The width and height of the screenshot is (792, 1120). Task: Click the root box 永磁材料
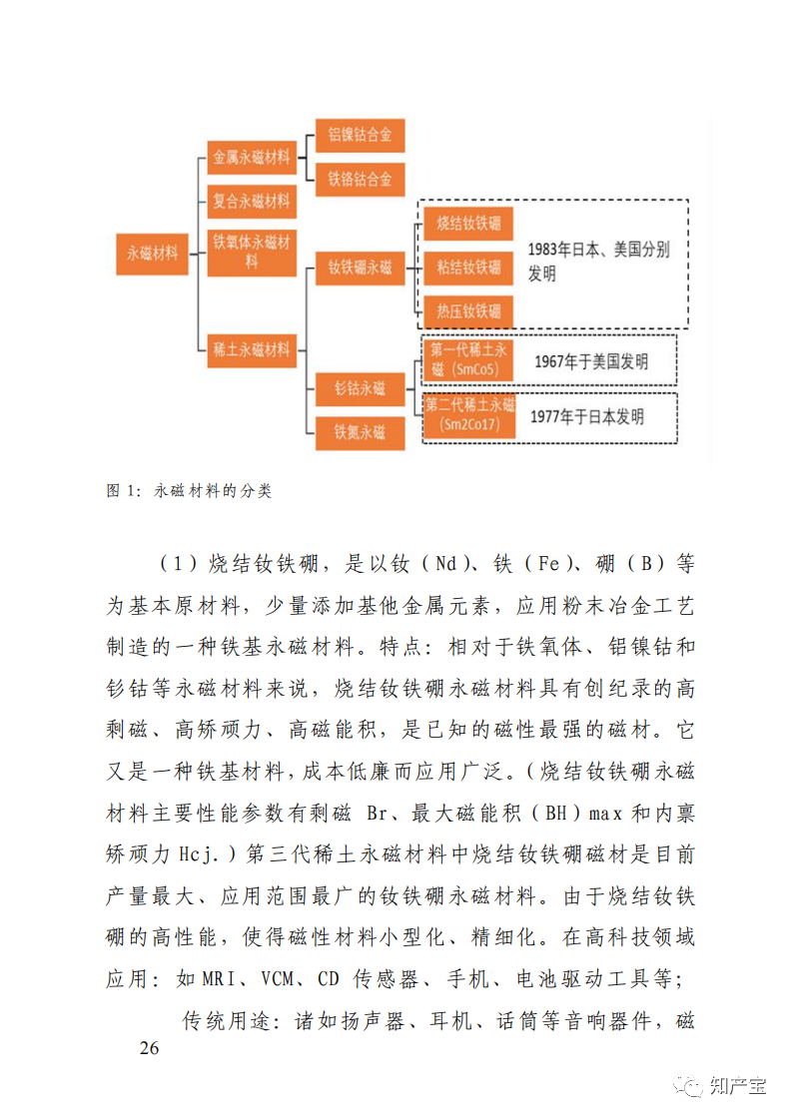click(152, 254)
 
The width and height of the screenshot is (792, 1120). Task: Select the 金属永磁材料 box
click(252, 158)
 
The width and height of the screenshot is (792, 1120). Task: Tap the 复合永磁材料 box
click(252, 201)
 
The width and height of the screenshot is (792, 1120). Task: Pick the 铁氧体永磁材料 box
click(252, 253)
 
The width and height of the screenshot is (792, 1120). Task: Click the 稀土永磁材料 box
click(252, 349)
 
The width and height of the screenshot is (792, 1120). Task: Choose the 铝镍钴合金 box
click(360, 134)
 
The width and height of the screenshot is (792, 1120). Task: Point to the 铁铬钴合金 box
click(360, 180)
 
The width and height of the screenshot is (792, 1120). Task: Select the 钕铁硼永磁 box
click(360, 268)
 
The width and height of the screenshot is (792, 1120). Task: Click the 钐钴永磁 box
click(360, 386)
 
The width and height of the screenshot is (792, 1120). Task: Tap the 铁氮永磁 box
click(360, 432)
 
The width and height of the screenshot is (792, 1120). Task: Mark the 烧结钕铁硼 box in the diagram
click(468, 223)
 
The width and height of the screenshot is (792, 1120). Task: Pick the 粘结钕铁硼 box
click(468, 268)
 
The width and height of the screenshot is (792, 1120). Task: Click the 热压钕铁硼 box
click(468, 311)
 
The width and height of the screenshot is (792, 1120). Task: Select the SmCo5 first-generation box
click(468, 359)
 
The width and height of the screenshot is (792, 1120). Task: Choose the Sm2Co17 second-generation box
click(468, 415)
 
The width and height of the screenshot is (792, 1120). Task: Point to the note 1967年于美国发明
click(590, 360)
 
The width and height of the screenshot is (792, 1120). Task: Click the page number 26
click(150, 1048)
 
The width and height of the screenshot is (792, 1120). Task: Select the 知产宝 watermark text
click(737, 1085)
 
